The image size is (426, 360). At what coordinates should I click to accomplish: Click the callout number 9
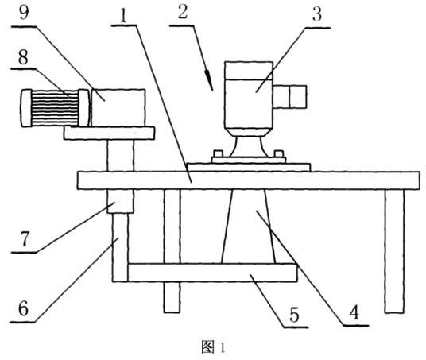24,13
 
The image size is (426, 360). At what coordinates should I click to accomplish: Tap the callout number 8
23,57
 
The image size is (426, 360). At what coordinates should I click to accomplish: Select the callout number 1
124,17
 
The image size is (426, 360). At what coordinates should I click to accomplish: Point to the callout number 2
183,12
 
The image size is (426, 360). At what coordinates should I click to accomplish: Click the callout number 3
317,14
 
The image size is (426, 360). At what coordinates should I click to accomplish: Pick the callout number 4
354,312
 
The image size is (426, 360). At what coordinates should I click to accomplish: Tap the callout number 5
294,315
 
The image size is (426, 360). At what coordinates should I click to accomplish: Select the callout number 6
23,308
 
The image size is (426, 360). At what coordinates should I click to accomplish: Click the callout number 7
24,239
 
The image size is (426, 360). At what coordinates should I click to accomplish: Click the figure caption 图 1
213,346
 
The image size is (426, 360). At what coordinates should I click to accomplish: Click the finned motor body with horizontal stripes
55,108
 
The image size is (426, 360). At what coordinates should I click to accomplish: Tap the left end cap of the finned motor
26,108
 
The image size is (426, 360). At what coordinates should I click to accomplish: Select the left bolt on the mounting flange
219,153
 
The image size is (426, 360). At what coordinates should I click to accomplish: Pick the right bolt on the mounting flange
279,153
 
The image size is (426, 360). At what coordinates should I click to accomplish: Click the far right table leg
394,251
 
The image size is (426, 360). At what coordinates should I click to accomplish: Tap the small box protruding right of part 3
290,97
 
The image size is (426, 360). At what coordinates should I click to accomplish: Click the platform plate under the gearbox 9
109,134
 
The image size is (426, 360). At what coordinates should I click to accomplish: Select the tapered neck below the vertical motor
247,146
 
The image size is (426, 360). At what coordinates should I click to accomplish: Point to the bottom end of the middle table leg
172,312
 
